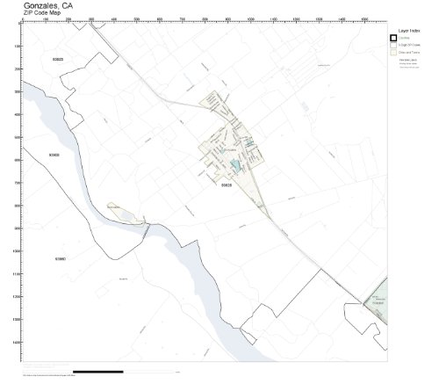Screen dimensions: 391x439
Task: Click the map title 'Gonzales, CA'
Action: [48, 5]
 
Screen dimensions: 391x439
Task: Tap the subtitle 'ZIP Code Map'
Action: [45, 14]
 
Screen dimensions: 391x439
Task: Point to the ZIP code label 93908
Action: [54, 156]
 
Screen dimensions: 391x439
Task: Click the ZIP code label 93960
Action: [61, 259]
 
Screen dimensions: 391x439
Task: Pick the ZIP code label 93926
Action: [227, 185]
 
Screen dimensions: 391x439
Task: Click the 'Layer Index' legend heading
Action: [409, 29]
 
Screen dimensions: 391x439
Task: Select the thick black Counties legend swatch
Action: [393, 37]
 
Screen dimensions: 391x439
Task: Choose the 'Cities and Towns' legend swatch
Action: [393, 53]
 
